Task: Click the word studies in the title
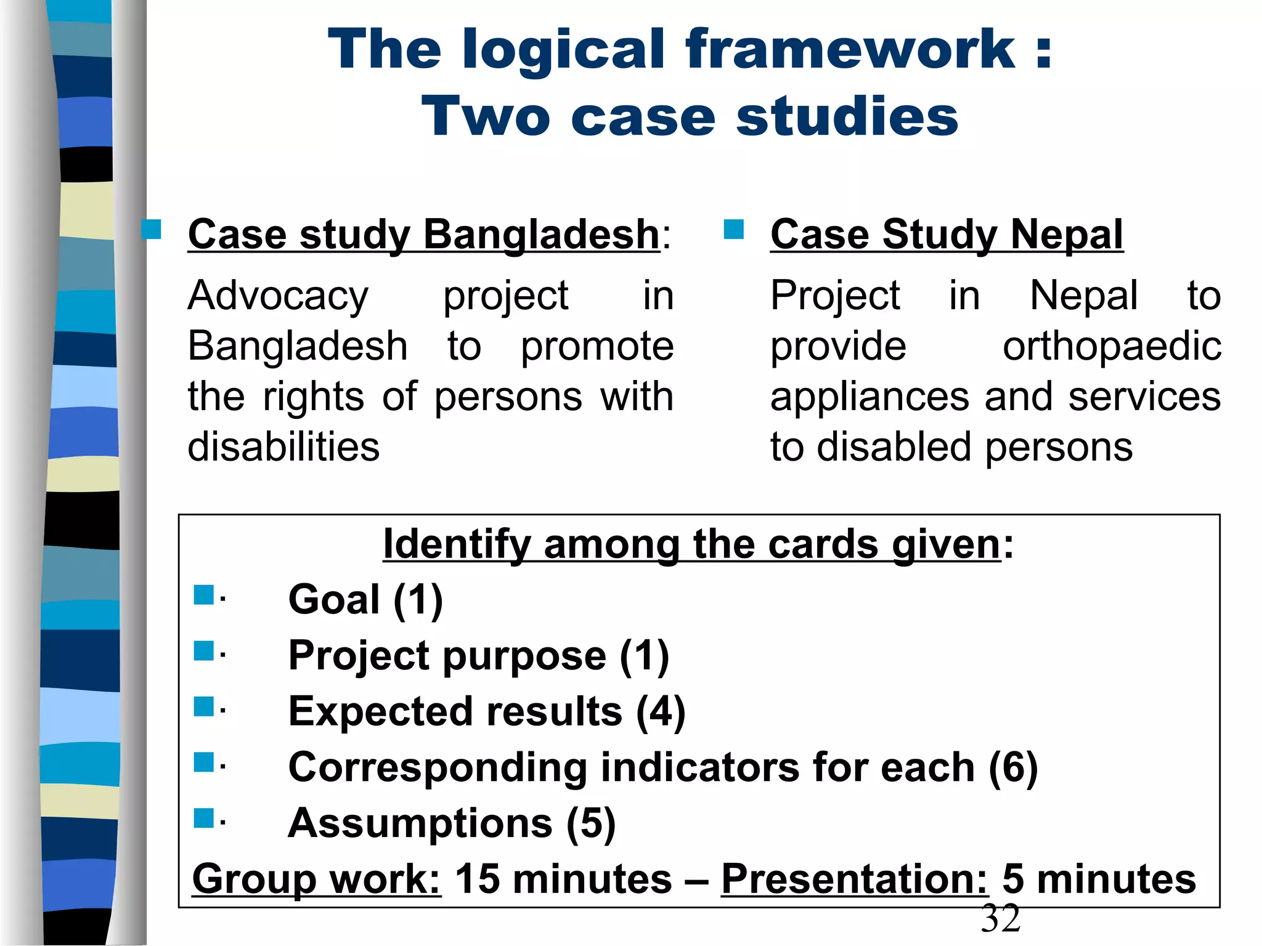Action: [x=847, y=117]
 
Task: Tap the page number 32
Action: [x=1001, y=919]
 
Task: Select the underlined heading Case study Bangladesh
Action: [x=423, y=235]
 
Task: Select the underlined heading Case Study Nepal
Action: [x=946, y=235]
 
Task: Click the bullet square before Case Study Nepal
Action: [x=734, y=229]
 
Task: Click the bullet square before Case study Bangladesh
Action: [x=151, y=229]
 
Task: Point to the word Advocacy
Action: [x=278, y=296]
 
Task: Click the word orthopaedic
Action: [x=1112, y=346]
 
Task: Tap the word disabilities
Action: [x=283, y=447]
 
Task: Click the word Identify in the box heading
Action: [x=456, y=544]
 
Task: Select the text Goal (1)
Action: [x=365, y=599]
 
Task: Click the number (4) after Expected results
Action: [x=661, y=712]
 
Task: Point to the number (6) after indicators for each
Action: [x=1013, y=768]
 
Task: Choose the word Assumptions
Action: [x=420, y=823]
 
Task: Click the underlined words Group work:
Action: [x=317, y=879]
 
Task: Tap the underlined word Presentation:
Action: [x=854, y=879]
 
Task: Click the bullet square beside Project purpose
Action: [x=203, y=651]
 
